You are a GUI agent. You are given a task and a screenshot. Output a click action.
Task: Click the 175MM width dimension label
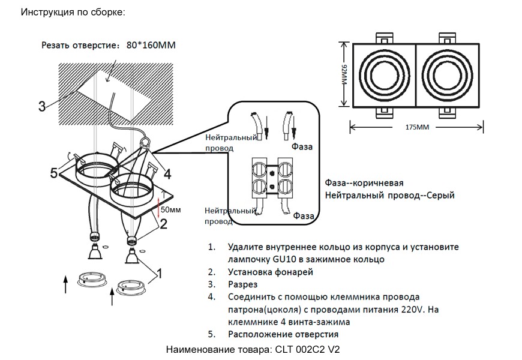417,128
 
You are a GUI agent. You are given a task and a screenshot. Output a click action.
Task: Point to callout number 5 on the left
54,174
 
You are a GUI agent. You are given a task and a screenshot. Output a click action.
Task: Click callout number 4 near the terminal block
167,174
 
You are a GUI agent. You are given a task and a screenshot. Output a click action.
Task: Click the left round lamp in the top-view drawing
383,76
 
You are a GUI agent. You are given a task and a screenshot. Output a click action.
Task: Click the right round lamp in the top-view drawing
448,76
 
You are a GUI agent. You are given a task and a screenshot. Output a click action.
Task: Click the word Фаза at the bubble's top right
302,146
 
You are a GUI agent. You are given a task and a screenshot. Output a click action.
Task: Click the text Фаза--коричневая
364,183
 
